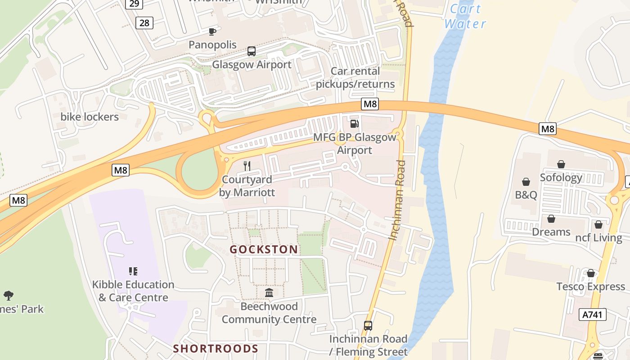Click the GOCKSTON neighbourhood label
tap(264, 250)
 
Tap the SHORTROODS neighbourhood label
tap(216, 349)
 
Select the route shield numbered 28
tap(144, 22)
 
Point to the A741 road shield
tap(594, 314)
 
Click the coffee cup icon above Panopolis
tap(212, 31)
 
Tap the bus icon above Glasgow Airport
tap(251, 51)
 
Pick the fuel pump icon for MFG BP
tap(355, 123)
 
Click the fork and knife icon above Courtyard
tap(247, 166)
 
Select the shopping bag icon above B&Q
tap(526, 182)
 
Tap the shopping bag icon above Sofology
tap(561, 164)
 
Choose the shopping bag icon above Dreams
tap(551, 219)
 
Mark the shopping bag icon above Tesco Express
tap(590, 274)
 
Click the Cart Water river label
tap(465, 16)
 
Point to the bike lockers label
tap(90, 117)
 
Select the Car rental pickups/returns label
tap(355, 77)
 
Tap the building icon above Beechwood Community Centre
tap(269, 293)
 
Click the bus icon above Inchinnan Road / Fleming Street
tap(368, 326)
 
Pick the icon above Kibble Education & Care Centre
tap(133, 271)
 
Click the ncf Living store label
tap(598, 238)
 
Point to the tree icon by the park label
tap(8, 296)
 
